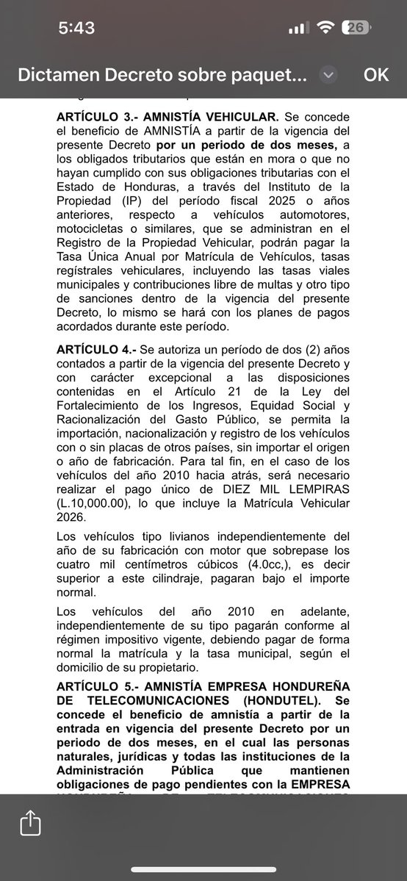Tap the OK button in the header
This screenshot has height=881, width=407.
point(376,75)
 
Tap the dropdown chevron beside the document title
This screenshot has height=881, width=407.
point(328,75)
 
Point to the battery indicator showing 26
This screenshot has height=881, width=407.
point(356,28)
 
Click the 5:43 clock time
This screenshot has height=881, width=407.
point(76,28)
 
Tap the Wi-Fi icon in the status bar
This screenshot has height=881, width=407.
point(324,28)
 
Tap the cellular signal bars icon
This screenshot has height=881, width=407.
point(297,28)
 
